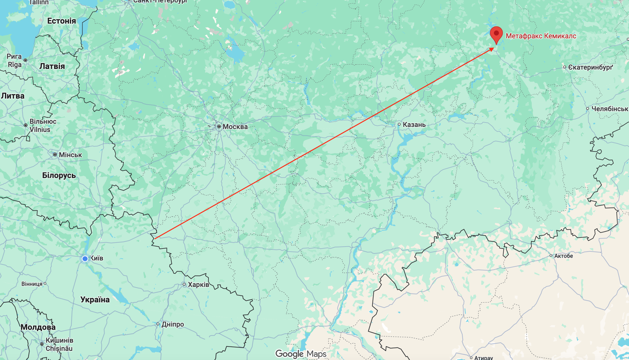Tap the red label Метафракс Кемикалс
coord(541,36)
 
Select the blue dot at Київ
coord(85,259)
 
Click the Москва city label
coord(235,127)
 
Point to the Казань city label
coord(414,125)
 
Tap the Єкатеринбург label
coord(590,67)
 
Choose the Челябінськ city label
coord(609,109)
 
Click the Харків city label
coord(198,285)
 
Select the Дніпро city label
coord(173,324)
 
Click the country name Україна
coord(95,300)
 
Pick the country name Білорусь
coord(59,175)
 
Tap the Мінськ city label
coord(70,155)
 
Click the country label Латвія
coord(52,66)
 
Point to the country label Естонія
coord(61,21)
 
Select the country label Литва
coord(13,96)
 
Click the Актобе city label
coord(563,256)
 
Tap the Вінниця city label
coord(32,284)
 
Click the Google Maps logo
coord(301,354)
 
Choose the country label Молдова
coord(38,327)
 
